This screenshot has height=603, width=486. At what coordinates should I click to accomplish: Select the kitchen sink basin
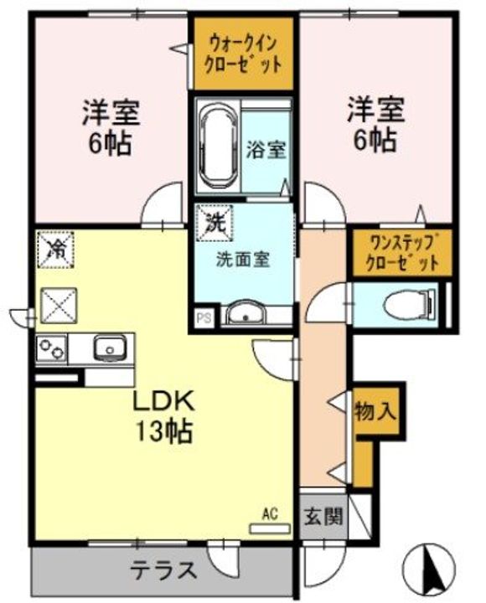click(108, 346)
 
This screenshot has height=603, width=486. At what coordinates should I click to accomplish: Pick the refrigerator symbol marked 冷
click(57, 249)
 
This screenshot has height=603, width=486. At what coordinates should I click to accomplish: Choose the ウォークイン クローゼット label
click(243, 52)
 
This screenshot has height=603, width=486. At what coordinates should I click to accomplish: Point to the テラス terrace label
click(163, 571)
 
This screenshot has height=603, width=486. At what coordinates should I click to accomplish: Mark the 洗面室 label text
click(242, 260)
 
